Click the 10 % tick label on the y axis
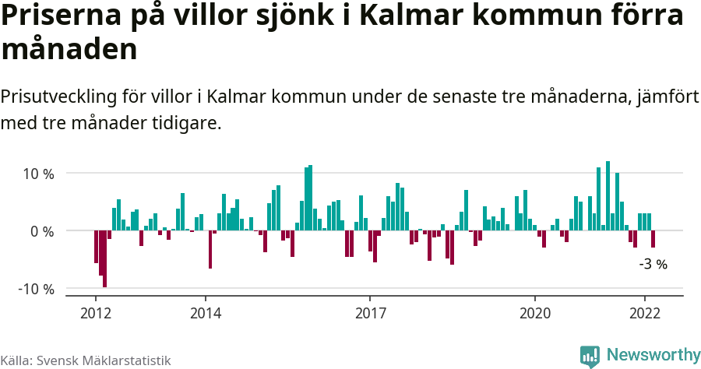[37, 174]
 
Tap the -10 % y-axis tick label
[36, 289]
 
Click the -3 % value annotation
[653, 264]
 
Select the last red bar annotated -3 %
[653, 239]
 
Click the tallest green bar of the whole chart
[608, 196]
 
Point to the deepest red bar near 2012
[104, 258]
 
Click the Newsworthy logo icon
[590, 356]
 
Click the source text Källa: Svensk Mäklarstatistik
[85, 360]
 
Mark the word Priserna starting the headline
[58, 16]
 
